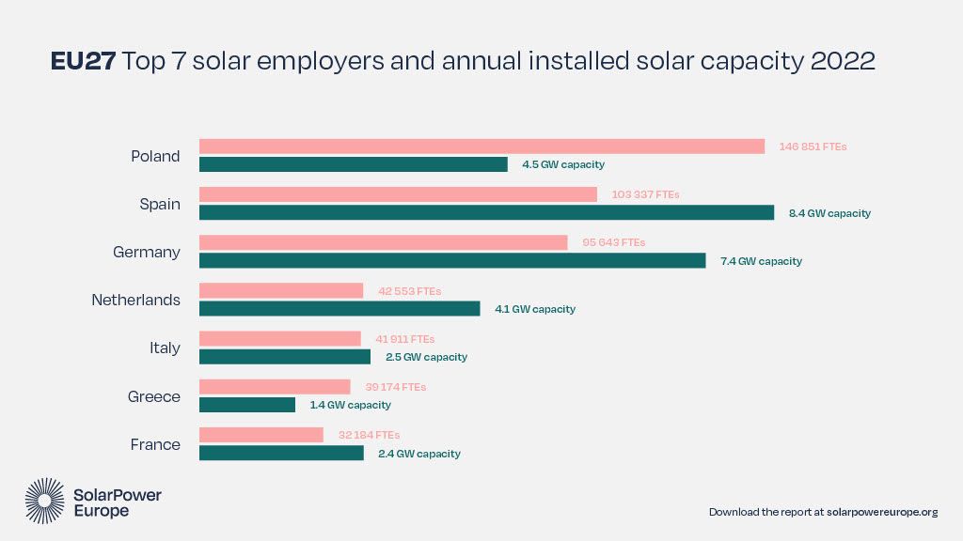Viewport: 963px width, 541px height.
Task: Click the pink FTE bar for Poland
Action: click(x=481, y=147)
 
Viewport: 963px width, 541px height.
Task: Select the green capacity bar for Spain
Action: click(x=486, y=212)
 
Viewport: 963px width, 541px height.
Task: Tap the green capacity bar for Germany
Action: click(x=452, y=260)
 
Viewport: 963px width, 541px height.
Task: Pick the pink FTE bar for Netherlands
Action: click(x=281, y=291)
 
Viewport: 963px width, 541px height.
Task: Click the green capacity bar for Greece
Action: click(x=247, y=405)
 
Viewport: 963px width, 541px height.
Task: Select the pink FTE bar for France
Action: click(x=261, y=435)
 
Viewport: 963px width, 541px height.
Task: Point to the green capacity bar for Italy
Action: click(x=285, y=357)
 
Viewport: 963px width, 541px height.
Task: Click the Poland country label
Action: click(x=155, y=156)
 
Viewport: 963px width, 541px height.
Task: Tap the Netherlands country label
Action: click(x=135, y=300)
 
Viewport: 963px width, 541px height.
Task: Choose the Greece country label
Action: click(x=153, y=396)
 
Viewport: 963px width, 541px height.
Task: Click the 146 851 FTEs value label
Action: click(x=813, y=147)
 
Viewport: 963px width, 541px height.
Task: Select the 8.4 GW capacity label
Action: click(x=829, y=213)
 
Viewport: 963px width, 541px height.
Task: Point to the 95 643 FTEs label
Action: click(x=613, y=242)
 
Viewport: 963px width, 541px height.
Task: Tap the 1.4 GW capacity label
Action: click(x=350, y=405)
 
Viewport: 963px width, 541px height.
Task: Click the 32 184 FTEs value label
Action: click(x=369, y=435)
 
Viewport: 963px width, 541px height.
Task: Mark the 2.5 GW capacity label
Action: click(x=426, y=357)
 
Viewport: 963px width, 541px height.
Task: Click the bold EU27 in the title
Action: click(x=82, y=62)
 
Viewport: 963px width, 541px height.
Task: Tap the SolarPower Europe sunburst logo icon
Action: click(x=44, y=500)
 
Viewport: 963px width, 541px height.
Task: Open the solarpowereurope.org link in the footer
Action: click(x=882, y=512)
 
